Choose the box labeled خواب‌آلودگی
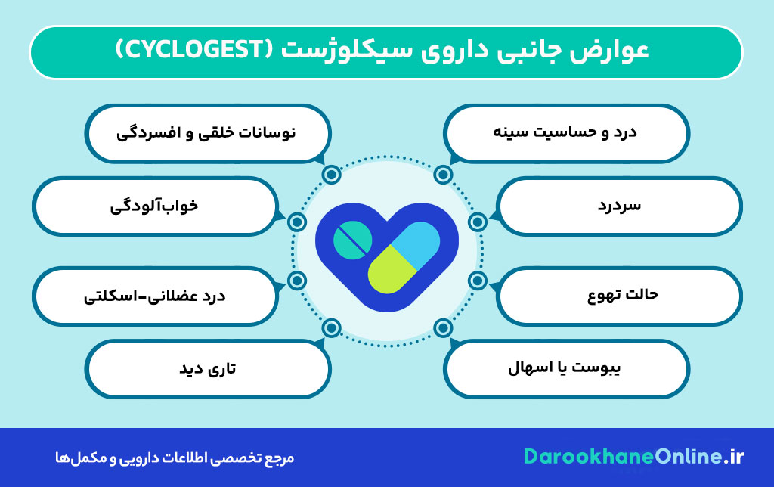click(x=155, y=205)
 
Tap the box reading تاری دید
click(x=208, y=369)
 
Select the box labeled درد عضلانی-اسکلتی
click(x=155, y=294)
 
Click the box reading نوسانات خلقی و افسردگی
click(x=208, y=132)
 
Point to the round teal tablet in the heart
click(x=353, y=238)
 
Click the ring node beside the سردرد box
click(x=477, y=222)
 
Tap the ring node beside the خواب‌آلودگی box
click(x=297, y=222)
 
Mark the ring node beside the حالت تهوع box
click(x=477, y=281)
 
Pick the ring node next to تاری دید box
click(x=331, y=327)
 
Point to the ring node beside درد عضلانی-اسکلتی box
click(x=297, y=281)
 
